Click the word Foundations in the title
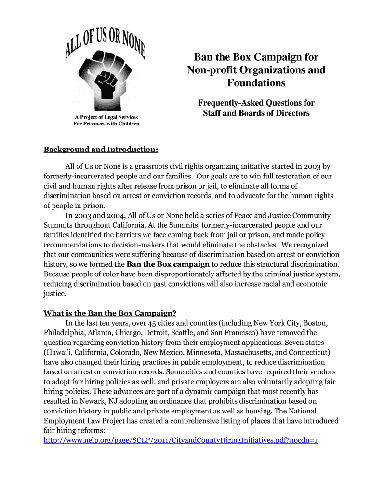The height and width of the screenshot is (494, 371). (x=256, y=83)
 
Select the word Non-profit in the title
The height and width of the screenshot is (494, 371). (x=211, y=70)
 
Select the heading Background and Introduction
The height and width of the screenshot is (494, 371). (x=101, y=149)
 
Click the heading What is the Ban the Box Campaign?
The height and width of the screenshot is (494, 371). (x=113, y=313)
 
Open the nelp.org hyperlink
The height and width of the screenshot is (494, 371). (x=180, y=440)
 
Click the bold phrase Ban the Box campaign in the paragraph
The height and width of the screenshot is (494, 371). (x=168, y=264)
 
